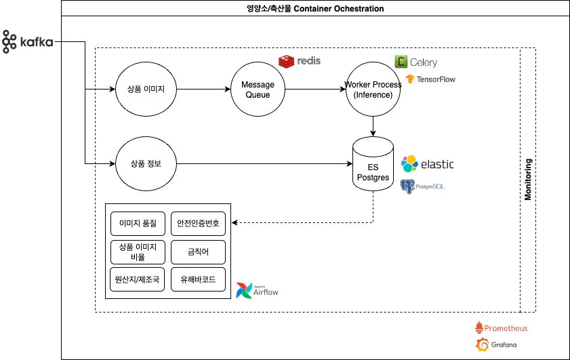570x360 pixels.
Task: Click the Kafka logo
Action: tap(28, 42)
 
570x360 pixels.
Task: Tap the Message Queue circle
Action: tap(258, 89)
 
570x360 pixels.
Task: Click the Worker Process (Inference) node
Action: tap(373, 89)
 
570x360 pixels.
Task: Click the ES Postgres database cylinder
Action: tap(373, 163)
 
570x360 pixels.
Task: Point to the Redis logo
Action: tap(299, 61)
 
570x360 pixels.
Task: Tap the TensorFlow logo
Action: tap(430, 79)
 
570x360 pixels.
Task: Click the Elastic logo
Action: tap(427, 164)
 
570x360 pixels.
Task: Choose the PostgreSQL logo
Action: tap(423, 185)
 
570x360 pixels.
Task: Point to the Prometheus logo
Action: tap(501, 327)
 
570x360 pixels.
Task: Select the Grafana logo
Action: tap(495, 345)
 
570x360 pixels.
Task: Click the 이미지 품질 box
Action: tap(138, 223)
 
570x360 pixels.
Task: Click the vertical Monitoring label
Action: tap(529, 180)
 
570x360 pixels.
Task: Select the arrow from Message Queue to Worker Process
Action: tap(314, 89)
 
